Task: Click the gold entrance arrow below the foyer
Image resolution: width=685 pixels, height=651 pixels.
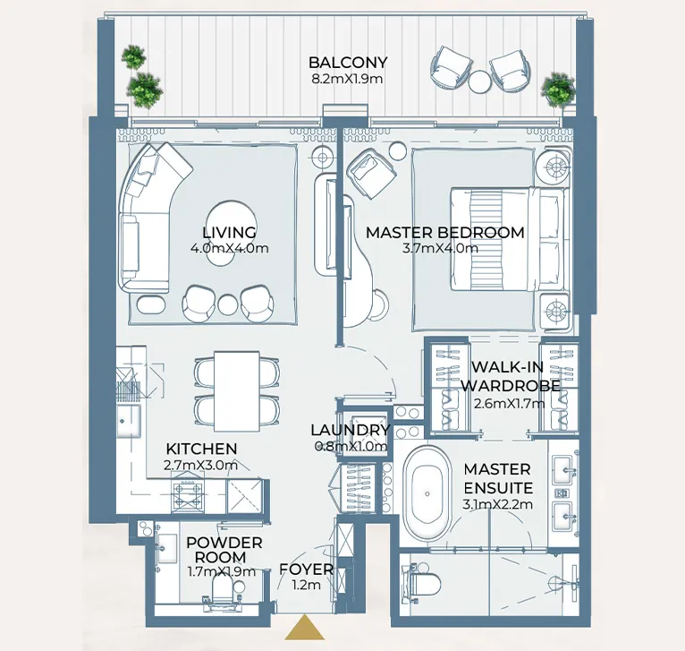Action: click(305, 629)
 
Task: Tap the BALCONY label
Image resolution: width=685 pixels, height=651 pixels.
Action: click(348, 63)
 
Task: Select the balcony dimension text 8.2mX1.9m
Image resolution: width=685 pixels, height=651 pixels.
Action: click(348, 79)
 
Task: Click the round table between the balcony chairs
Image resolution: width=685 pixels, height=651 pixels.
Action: click(479, 81)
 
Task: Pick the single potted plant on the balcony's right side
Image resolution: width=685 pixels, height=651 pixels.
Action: click(558, 90)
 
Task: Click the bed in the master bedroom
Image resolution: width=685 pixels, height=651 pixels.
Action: click(508, 238)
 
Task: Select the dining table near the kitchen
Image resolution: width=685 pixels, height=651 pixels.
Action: click(236, 390)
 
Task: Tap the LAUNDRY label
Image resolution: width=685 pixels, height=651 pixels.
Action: click(350, 430)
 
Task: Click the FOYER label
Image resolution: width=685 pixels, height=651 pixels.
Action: click(306, 570)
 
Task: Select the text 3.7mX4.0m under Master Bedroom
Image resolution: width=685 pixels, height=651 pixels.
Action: click(440, 249)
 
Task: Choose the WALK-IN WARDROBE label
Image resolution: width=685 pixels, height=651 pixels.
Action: click(511, 376)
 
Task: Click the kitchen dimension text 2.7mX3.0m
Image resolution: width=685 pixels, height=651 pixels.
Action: click(201, 465)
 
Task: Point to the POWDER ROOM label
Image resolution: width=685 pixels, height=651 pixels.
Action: click(224, 550)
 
